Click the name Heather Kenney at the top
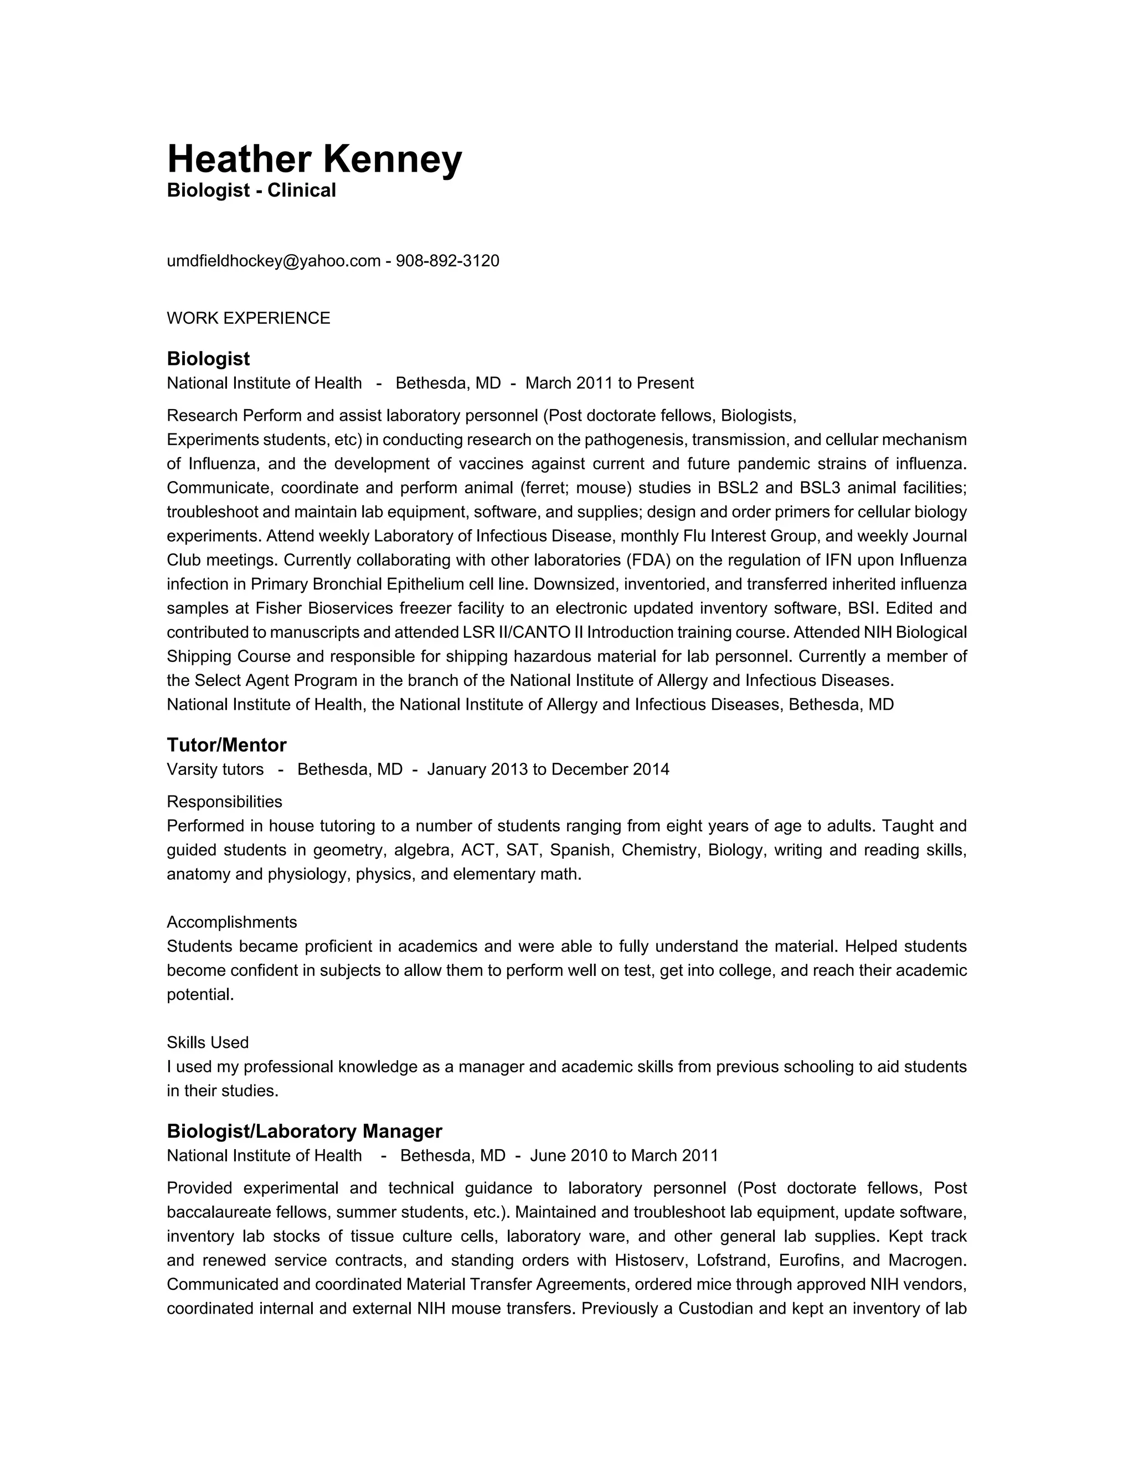click(x=314, y=159)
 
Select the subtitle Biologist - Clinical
click(x=251, y=191)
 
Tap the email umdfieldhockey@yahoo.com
click(x=274, y=261)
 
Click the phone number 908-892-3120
click(x=447, y=261)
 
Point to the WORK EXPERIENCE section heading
click(x=248, y=318)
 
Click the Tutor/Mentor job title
click(x=226, y=745)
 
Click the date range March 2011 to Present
click(x=609, y=384)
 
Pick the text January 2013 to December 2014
click(x=548, y=770)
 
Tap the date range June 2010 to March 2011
click(x=624, y=1156)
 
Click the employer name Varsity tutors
click(x=215, y=770)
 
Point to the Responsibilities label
click(x=224, y=802)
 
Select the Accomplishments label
click(x=232, y=922)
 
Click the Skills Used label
click(x=208, y=1042)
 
